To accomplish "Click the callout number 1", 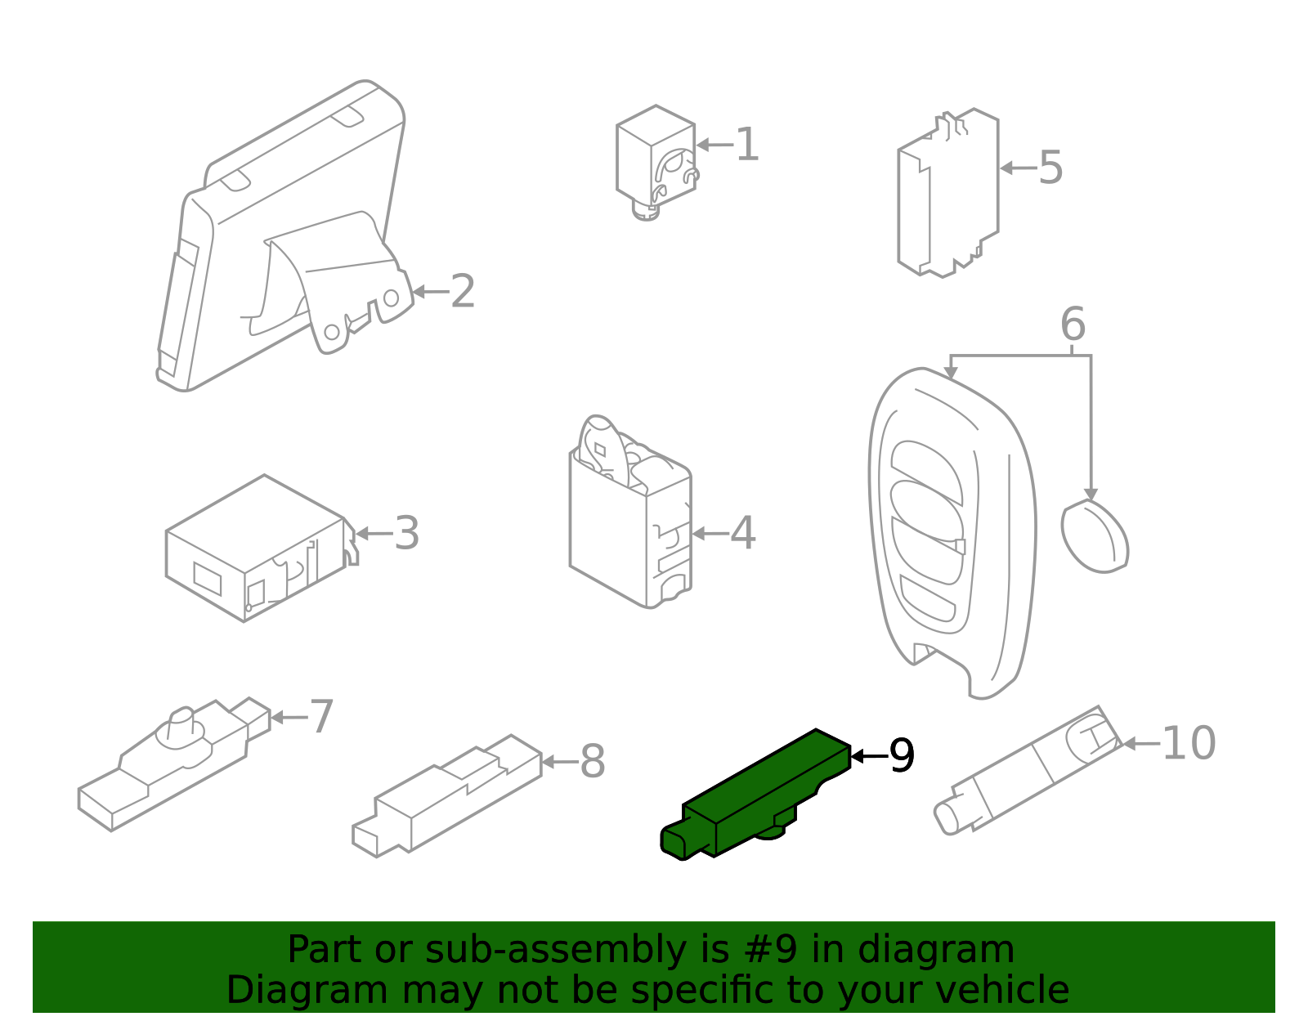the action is tap(747, 145).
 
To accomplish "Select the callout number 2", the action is tap(462, 291).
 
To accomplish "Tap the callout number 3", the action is tap(407, 533).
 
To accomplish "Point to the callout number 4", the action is tap(743, 533).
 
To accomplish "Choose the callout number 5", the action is tap(1050, 168).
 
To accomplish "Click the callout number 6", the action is tap(1073, 325).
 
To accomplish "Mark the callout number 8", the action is tap(593, 762).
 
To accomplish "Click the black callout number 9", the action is tap(902, 755).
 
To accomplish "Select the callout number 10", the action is tap(1189, 744).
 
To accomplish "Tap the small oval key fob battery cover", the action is tap(1095, 536).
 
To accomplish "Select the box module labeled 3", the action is tap(259, 549).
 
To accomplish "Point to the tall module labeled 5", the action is tap(947, 193).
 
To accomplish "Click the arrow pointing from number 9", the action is tap(871, 756).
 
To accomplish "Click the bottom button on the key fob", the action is tap(928, 598).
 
